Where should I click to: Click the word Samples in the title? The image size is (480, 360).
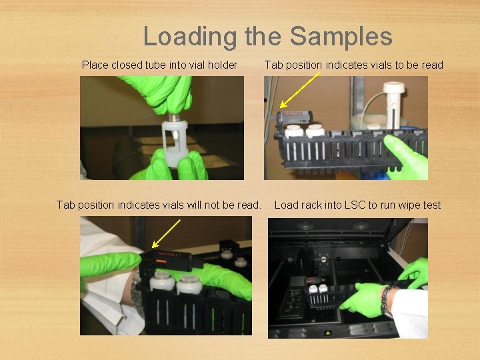tap(341, 36)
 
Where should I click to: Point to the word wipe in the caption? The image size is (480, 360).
tap(410, 205)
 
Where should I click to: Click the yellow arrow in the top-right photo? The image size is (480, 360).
tap(300, 90)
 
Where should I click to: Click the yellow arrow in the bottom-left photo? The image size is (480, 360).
tap(166, 233)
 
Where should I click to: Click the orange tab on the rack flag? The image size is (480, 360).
tap(161, 261)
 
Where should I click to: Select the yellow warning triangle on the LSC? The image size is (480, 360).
tap(328, 333)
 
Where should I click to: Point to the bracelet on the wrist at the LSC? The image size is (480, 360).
tap(384, 300)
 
